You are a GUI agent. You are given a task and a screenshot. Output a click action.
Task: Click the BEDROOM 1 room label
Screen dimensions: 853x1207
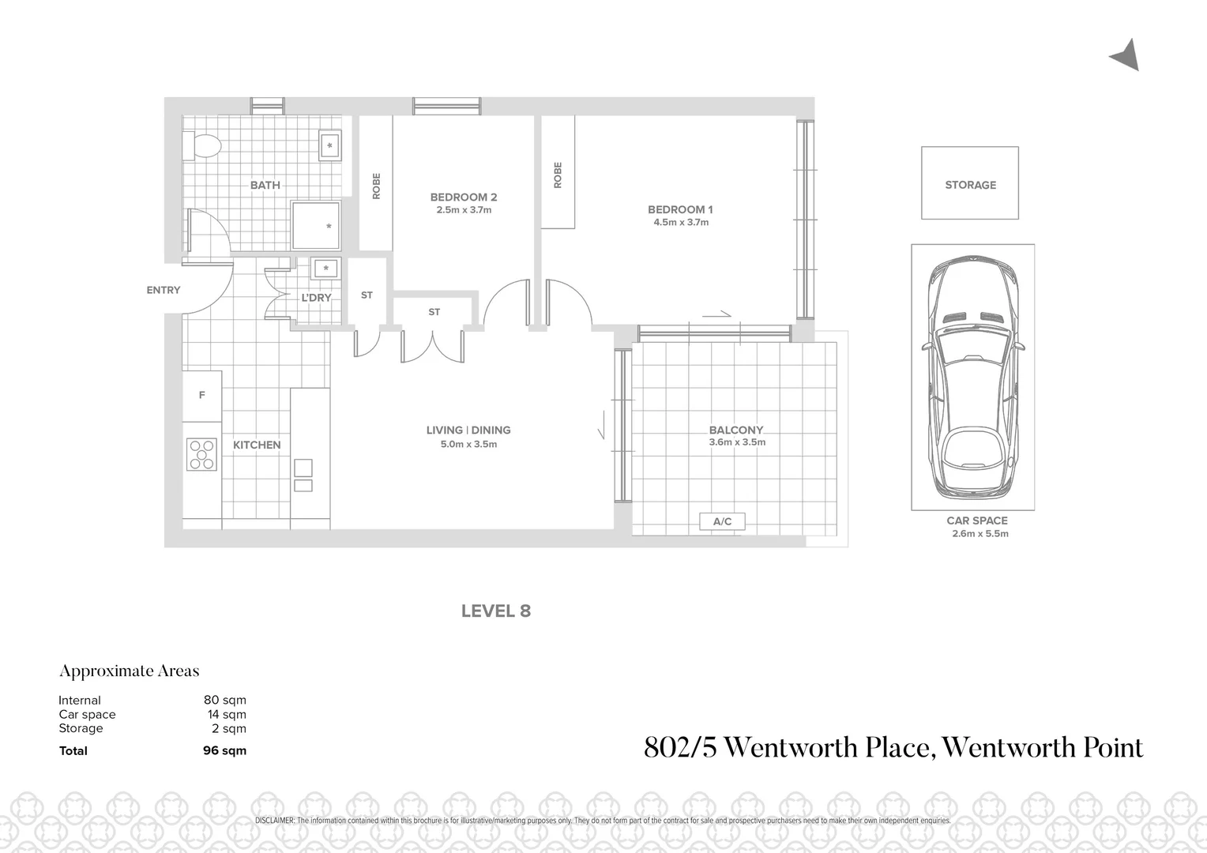tap(680, 209)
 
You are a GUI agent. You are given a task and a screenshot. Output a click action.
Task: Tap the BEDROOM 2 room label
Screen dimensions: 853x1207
tap(464, 197)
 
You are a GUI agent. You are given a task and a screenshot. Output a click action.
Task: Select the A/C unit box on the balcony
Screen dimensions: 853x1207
tap(722, 521)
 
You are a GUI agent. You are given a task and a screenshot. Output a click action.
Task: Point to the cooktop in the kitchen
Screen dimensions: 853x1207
tap(201, 454)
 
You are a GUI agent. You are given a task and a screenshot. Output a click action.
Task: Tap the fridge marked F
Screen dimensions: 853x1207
tap(202, 395)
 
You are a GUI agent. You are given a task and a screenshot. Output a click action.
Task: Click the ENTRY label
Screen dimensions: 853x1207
tap(164, 290)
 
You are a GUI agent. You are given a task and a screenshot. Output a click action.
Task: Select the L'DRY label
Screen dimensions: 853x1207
tap(316, 298)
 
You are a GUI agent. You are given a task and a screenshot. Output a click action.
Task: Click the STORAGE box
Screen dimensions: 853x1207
tap(970, 183)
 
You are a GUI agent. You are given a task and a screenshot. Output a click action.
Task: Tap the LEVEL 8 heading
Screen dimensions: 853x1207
tap(496, 611)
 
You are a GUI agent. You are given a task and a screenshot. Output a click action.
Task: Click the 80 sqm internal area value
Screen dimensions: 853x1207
tap(225, 700)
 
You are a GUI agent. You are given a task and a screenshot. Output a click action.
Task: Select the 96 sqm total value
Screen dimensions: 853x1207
tap(225, 750)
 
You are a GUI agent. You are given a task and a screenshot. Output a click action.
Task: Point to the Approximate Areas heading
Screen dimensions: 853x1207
tap(130, 671)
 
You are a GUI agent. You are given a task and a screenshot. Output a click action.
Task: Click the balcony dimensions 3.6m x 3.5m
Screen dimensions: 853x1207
tap(737, 442)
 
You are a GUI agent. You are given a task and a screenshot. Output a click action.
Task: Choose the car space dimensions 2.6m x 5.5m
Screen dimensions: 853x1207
tap(980, 534)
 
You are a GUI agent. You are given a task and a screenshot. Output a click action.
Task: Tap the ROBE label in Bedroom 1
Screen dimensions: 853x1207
tap(558, 175)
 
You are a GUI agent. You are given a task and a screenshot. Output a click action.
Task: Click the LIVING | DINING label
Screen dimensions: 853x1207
tap(468, 430)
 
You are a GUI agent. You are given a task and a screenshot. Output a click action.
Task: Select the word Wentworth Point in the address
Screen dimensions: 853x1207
tap(1043, 747)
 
